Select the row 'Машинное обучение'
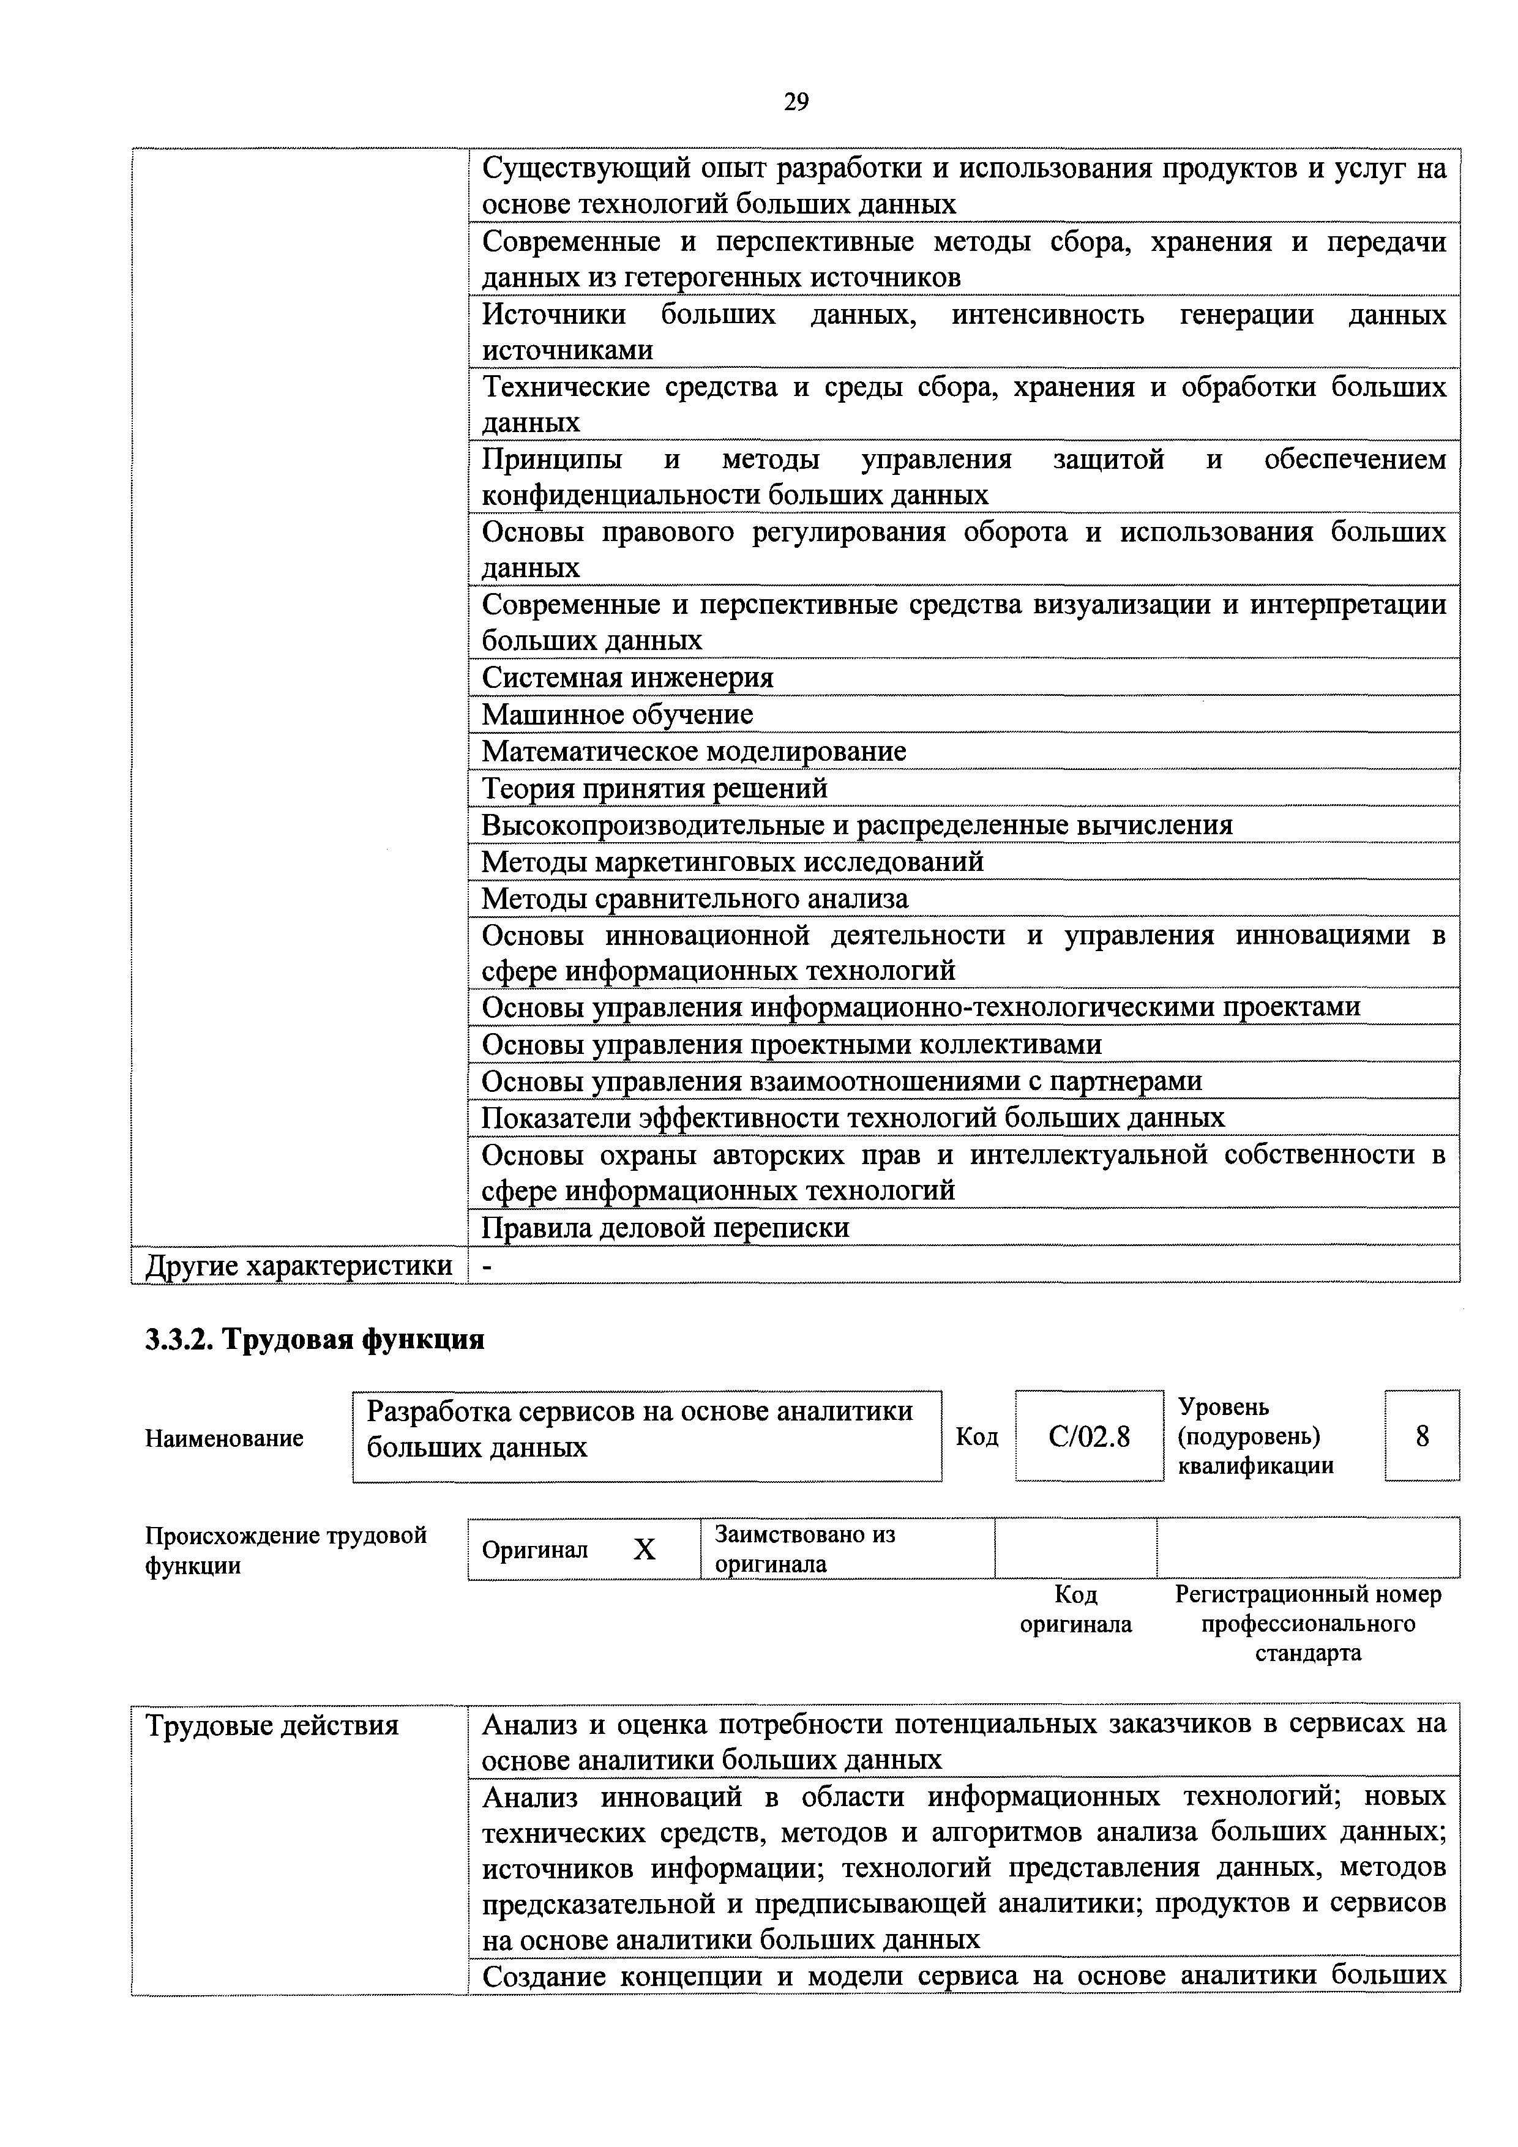click(618, 714)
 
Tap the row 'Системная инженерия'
click(627, 677)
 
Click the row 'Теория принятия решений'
click(655, 788)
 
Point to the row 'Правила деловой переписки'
click(665, 1227)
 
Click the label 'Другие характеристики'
click(298, 1265)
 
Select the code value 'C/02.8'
click(1089, 1436)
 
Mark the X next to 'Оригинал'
click(645, 1550)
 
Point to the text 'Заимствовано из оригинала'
click(804, 1550)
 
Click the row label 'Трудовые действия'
click(272, 1725)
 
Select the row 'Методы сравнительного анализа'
click(695, 898)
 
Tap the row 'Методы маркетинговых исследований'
click(732, 861)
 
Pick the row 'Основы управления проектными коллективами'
click(791, 1044)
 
